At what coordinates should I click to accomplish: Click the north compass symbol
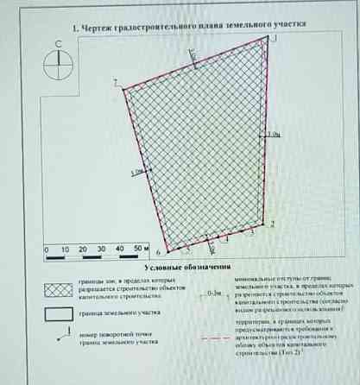[58, 61]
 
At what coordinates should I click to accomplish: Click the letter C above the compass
[58, 42]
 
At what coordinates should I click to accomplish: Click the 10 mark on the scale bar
[66, 249]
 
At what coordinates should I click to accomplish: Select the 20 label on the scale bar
[84, 249]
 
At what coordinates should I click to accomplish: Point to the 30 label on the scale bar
[103, 249]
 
